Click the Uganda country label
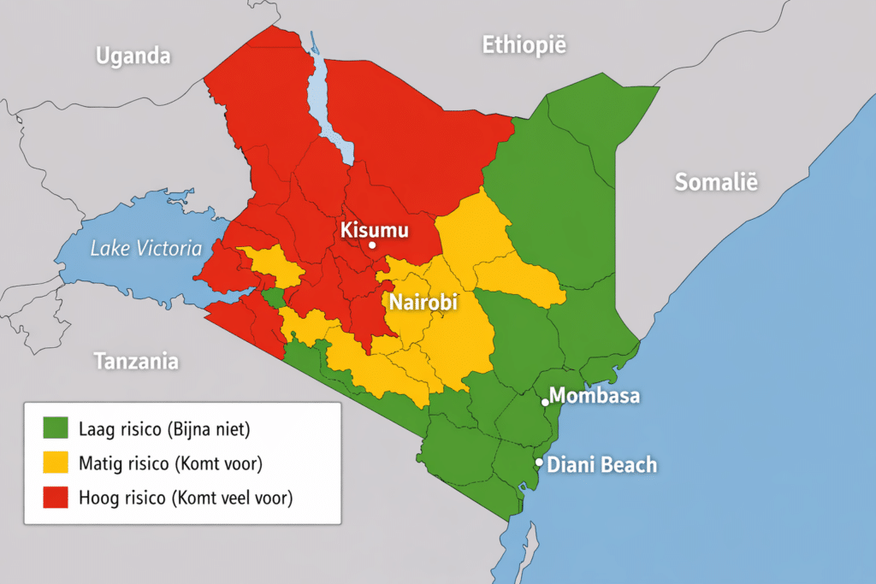(133, 56)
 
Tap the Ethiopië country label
(524, 45)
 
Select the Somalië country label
(716, 181)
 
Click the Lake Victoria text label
(146, 249)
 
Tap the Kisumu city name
(375, 229)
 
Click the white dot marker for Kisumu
(371, 245)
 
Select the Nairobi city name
(423, 302)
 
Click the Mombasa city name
(595, 396)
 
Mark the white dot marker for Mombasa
(545, 401)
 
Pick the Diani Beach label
(602, 465)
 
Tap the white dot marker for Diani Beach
(539, 462)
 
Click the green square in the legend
(56, 426)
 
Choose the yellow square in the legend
(56, 463)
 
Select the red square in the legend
(56, 498)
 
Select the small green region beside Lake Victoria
(273, 298)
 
